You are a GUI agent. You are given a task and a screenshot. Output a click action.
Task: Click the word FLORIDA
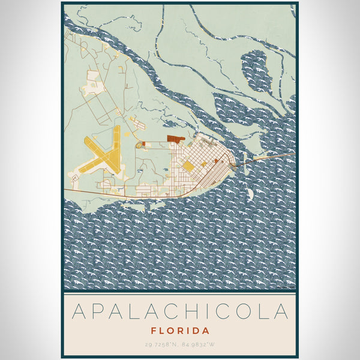point(180,331)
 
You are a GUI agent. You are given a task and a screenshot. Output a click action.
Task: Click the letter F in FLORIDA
point(154,331)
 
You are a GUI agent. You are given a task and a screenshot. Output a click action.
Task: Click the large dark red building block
point(176,139)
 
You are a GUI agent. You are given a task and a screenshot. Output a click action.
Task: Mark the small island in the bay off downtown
point(249,194)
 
